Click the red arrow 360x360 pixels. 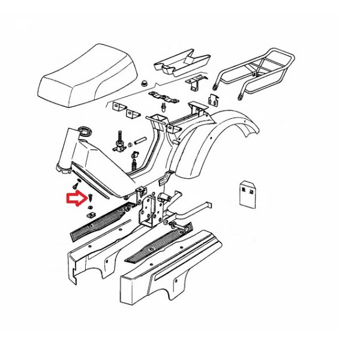(74, 197)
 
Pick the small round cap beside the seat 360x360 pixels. (146, 83)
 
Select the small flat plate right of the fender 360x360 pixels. (247, 192)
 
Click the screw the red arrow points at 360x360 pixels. (89, 197)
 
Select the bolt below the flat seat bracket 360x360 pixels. (164, 109)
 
